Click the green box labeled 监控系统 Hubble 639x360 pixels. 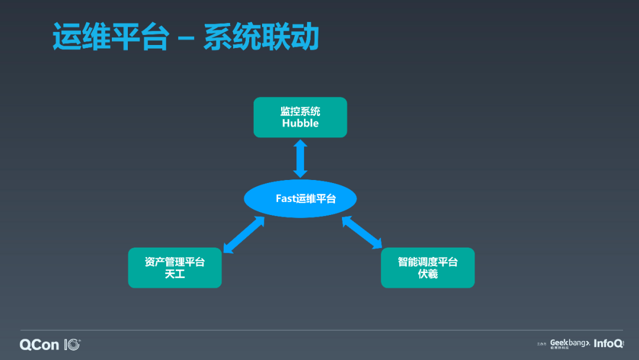click(300, 117)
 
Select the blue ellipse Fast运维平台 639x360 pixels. click(300, 198)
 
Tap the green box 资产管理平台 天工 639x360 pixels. click(175, 268)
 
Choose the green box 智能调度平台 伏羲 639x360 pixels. click(427, 268)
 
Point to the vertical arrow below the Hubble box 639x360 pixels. click(300, 159)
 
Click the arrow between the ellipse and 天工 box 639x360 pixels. click(244, 234)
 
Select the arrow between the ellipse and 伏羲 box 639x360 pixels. click(362, 232)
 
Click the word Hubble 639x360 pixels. click(300, 123)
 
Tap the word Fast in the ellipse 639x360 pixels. click(285, 198)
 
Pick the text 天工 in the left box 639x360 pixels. click(175, 274)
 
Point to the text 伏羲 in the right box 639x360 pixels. click(427, 274)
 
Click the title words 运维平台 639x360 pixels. click(110, 37)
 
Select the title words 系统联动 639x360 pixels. click(261, 37)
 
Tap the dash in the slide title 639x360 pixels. click(186, 38)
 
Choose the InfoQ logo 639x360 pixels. click(608, 343)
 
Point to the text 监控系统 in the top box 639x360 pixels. click(300, 111)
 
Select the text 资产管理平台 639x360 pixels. click(175, 262)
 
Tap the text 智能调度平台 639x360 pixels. click(427, 262)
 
